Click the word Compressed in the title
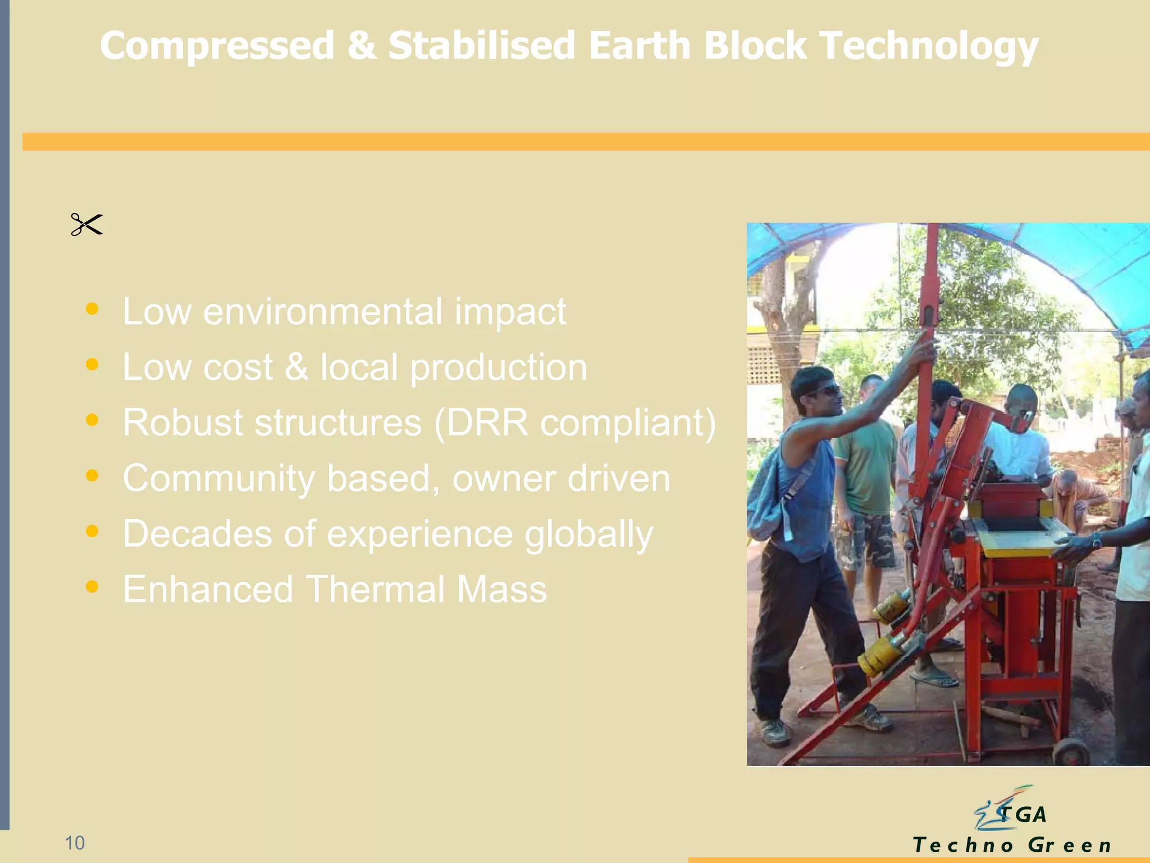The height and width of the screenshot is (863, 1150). tap(217, 46)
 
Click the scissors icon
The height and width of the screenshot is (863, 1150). tap(86, 224)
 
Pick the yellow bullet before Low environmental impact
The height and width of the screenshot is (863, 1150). tap(92, 309)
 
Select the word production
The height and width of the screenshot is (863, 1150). tap(499, 368)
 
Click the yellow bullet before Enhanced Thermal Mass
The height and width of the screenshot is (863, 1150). tap(92, 587)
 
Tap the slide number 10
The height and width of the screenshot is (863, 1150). tap(75, 843)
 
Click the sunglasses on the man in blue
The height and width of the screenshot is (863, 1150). tap(823, 390)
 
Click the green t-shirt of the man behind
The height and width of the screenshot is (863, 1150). tap(866, 466)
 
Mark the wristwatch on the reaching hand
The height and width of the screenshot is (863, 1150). tap(1096, 540)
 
